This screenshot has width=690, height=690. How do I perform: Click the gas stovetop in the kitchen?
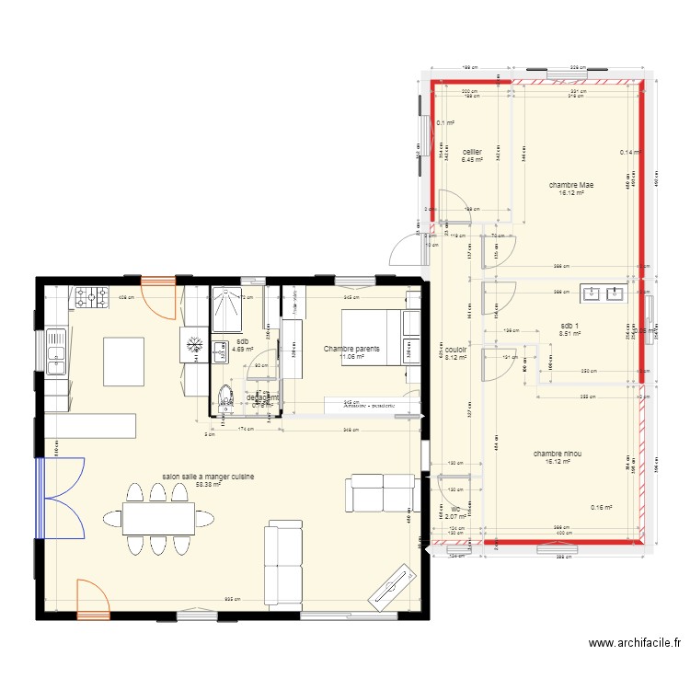coord(90,296)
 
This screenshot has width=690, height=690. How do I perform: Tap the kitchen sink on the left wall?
coord(56,352)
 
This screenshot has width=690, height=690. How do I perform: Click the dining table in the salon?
coord(159,519)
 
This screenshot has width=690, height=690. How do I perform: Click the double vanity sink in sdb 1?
coord(603,294)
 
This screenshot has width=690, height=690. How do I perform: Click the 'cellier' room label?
coord(472,152)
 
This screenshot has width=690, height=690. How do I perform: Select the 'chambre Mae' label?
coord(571,185)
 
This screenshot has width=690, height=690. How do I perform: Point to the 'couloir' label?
coord(456,351)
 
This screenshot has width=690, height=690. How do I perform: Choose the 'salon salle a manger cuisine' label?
coord(208,477)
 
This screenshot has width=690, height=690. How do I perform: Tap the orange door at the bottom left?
coord(93,598)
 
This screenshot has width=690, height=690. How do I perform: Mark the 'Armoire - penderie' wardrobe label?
coord(372,404)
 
